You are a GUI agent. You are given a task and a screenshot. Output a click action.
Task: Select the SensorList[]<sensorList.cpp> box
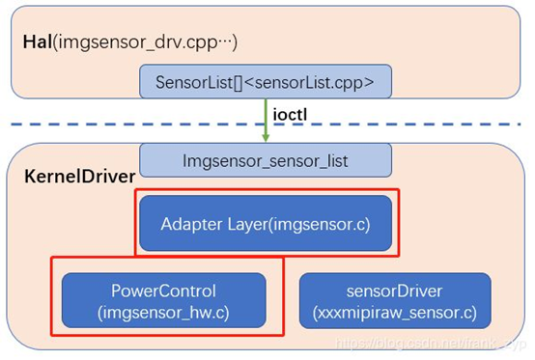(267, 79)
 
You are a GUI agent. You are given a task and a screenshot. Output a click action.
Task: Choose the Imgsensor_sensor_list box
(266, 158)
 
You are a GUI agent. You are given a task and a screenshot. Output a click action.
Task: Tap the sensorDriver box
(395, 299)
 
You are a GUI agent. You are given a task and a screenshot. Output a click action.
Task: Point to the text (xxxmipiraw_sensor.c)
(395, 311)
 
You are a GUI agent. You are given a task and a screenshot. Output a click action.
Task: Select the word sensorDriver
(395, 289)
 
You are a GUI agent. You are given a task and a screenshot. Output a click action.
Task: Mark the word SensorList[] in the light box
(199, 79)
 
